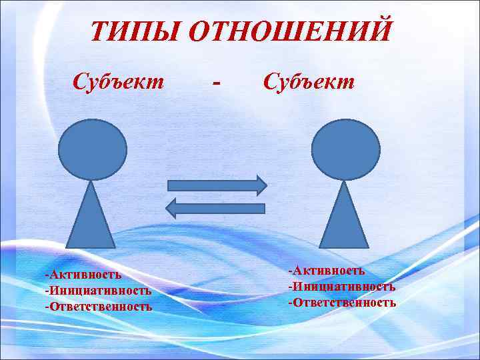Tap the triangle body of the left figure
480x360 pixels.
92,220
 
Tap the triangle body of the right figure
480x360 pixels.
344,220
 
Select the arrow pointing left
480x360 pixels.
214,208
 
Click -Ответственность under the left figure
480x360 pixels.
98,307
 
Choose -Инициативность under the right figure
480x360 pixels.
341,286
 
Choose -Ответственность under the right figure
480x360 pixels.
342,302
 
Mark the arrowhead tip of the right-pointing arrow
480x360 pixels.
266,185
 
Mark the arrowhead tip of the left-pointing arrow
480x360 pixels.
164,208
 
